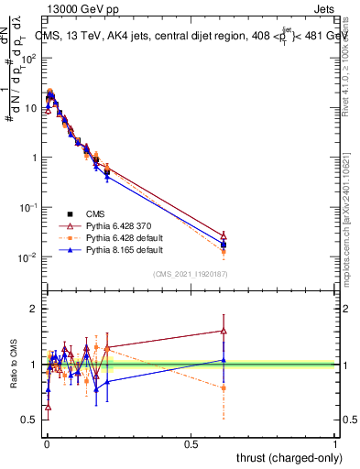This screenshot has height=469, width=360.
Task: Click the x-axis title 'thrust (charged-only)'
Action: [x=284, y=457]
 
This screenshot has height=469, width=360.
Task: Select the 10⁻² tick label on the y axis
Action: [x=28, y=256]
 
